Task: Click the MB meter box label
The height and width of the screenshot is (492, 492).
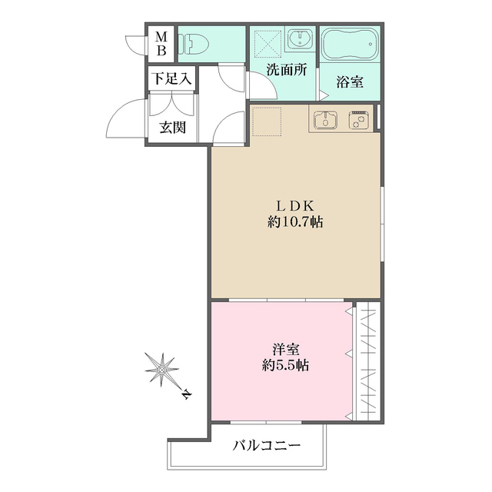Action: pyautogui.click(x=162, y=43)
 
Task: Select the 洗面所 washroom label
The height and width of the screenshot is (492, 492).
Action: pyautogui.click(x=286, y=69)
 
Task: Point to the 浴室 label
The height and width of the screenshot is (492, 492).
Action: pyautogui.click(x=350, y=82)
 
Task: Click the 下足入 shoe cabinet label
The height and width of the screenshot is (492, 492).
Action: pyautogui.click(x=171, y=78)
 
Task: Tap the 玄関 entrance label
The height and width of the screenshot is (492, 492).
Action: pyautogui.click(x=172, y=127)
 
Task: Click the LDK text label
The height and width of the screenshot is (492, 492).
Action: pyautogui.click(x=295, y=205)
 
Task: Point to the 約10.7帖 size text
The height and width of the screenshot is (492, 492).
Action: pyautogui.click(x=295, y=223)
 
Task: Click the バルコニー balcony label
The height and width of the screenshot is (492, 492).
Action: pyautogui.click(x=266, y=445)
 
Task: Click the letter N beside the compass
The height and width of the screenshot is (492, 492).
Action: pyautogui.click(x=187, y=397)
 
